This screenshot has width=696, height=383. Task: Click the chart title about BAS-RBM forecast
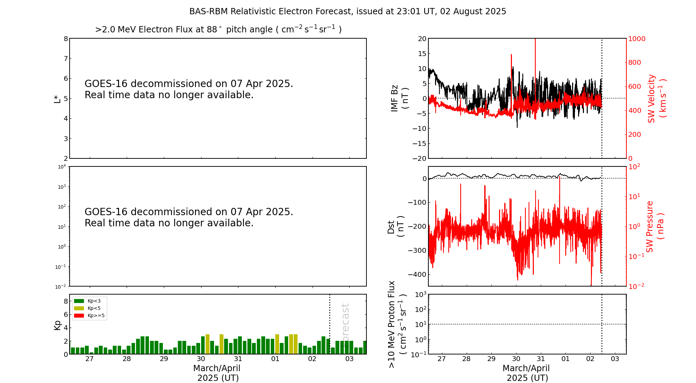click(x=347, y=11)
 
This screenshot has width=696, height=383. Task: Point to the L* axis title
click(x=57, y=99)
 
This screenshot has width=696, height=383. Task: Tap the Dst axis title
click(x=395, y=226)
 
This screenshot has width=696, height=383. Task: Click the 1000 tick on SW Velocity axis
click(x=636, y=39)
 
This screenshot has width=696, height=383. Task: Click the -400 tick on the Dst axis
click(x=417, y=274)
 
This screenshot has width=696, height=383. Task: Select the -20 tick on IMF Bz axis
click(x=419, y=158)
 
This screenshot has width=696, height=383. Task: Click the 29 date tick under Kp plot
click(x=164, y=359)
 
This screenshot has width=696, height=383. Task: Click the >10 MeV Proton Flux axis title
click(x=397, y=324)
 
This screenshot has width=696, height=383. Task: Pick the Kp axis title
click(x=57, y=325)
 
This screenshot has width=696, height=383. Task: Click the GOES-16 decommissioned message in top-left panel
click(x=189, y=89)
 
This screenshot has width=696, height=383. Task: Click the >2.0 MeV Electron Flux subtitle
click(x=218, y=30)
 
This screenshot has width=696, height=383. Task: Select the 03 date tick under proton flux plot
click(x=615, y=359)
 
